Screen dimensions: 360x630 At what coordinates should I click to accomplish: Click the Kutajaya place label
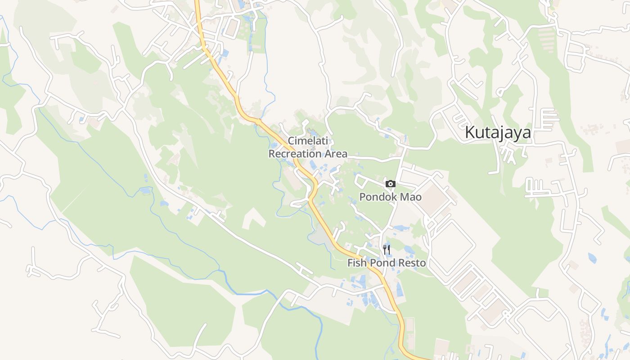[498, 133]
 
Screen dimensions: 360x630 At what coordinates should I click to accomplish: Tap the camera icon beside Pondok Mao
[390, 184]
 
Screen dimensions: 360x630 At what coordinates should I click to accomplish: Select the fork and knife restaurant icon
[386, 249]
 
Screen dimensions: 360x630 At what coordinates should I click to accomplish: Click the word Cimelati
[308, 141]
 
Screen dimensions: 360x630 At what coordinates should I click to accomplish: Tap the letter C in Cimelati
[291, 141]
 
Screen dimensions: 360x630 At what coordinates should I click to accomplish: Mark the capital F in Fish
[350, 263]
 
